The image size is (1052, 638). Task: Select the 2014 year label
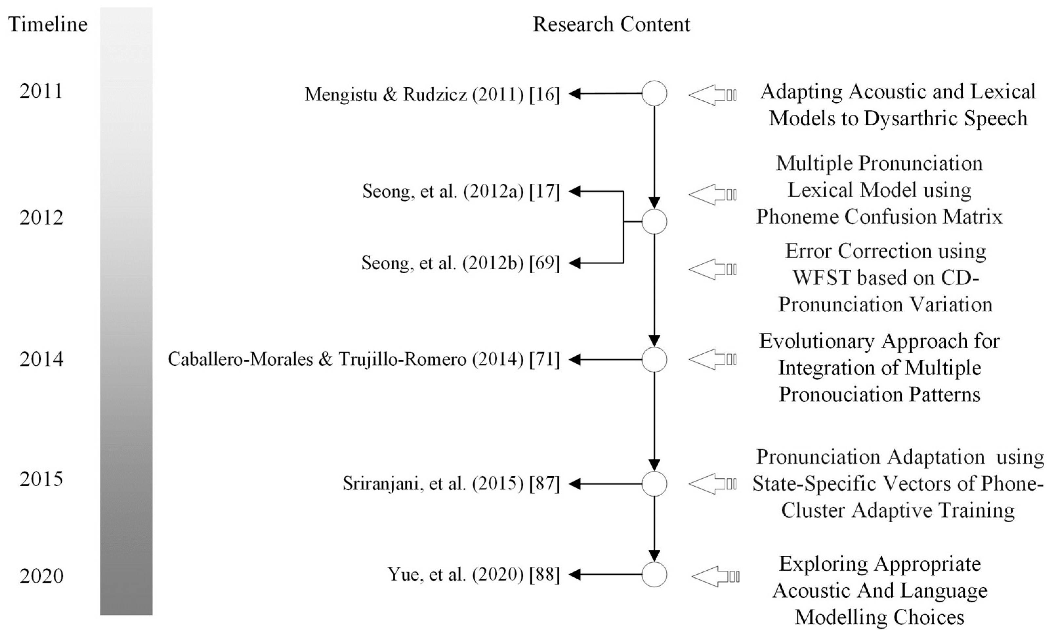(x=41, y=359)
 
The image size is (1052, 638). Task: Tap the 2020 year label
(x=41, y=576)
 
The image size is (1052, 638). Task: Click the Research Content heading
(x=611, y=24)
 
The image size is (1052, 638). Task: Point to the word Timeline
(x=48, y=24)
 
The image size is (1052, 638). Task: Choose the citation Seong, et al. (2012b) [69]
(x=460, y=263)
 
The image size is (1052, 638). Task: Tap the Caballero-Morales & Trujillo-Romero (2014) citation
(x=363, y=360)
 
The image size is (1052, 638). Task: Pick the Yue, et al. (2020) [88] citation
(x=473, y=574)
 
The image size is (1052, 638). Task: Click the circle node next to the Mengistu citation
(x=654, y=93)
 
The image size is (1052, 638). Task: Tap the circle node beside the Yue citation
(x=654, y=574)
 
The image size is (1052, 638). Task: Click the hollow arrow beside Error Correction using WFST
(x=712, y=269)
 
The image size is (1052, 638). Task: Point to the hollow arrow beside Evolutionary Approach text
(x=712, y=360)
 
